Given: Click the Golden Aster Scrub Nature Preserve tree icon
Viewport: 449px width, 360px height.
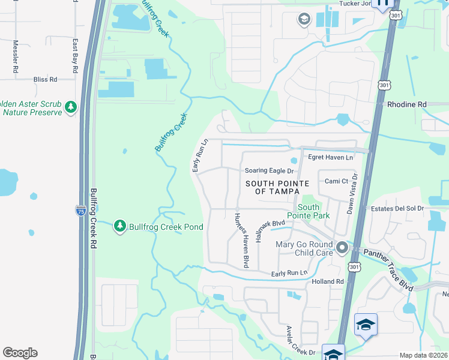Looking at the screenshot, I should click(x=71, y=107).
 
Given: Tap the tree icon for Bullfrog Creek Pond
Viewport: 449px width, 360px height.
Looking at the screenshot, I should click(x=120, y=226).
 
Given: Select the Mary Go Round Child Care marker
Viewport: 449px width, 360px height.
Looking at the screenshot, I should click(x=342, y=247).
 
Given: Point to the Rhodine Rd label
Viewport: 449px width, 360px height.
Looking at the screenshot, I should click(x=406, y=104).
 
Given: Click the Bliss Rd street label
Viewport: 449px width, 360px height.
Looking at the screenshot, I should click(x=45, y=79).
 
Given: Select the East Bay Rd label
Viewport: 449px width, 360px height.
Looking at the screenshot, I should click(x=75, y=56).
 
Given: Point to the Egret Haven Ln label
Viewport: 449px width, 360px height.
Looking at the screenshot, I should click(x=331, y=157).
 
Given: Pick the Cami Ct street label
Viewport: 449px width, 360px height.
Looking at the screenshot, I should click(x=336, y=181).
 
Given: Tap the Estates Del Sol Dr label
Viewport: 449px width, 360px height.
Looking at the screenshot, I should click(x=397, y=209).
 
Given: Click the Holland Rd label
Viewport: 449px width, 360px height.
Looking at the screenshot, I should click(x=327, y=281).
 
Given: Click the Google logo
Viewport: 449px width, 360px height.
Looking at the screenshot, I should click(x=20, y=353).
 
